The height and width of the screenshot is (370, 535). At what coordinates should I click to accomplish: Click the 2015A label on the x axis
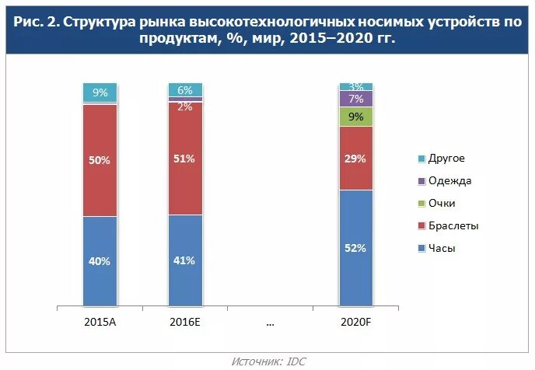[x=100, y=321]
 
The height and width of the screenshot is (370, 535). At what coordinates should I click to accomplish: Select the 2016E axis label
[x=185, y=321]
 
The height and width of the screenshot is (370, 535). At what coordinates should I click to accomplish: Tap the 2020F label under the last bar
[x=355, y=321]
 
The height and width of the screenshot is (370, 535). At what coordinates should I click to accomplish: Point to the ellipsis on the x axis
[x=271, y=321]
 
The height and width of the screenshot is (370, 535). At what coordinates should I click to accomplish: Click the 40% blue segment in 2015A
[x=100, y=261]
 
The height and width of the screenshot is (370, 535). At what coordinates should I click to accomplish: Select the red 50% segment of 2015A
[x=100, y=160]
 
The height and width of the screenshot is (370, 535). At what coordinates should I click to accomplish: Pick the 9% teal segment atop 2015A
[x=100, y=92]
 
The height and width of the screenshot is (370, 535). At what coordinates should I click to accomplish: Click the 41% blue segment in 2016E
[x=185, y=260]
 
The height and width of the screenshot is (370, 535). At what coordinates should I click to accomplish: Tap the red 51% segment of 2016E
[x=185, y=158]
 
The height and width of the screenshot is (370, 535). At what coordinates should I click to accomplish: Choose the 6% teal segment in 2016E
[x=185, y=89]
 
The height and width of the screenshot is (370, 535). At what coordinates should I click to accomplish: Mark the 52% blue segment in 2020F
[x=355, y=248]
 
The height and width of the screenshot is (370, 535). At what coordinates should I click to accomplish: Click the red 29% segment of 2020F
[x=355, y=158]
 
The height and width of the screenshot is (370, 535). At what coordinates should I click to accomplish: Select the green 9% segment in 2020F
[x=355, y=117]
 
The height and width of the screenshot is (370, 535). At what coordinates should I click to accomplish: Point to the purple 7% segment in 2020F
[x=355, y=99]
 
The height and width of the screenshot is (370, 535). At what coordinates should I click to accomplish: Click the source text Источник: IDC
[x=268, y=361]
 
